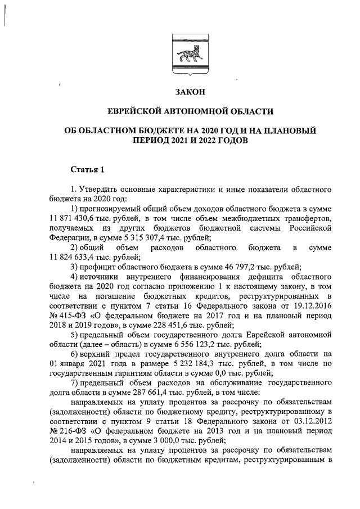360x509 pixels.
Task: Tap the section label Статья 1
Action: [87, 169]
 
